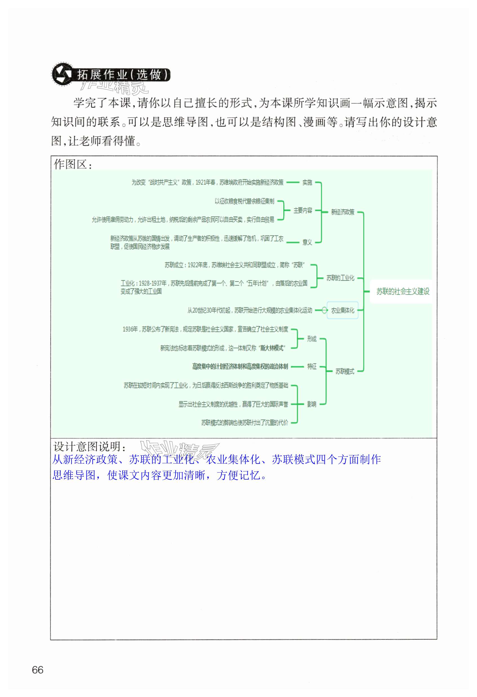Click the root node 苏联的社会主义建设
(x=403, y=291)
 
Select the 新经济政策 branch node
(x=343, y=212)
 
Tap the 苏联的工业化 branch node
(x=340, y=278)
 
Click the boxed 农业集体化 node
(x=343, y=310)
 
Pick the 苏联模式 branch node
(x=345, y=371)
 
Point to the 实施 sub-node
(x=307, y=182)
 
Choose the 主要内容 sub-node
(x=303, y=211)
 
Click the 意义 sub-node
(x=307, y=242)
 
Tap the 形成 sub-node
(x=312, y=339)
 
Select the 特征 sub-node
(x=312, y=366)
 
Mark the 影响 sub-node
(x=312, y=404)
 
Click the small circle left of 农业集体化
(x=324, y=310)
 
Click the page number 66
(x=38, y=670)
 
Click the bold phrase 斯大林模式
(x=272, y=348)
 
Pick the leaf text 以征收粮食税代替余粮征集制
(x=244, y=201)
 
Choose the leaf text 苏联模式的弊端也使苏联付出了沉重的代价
(x=245, y=423)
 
